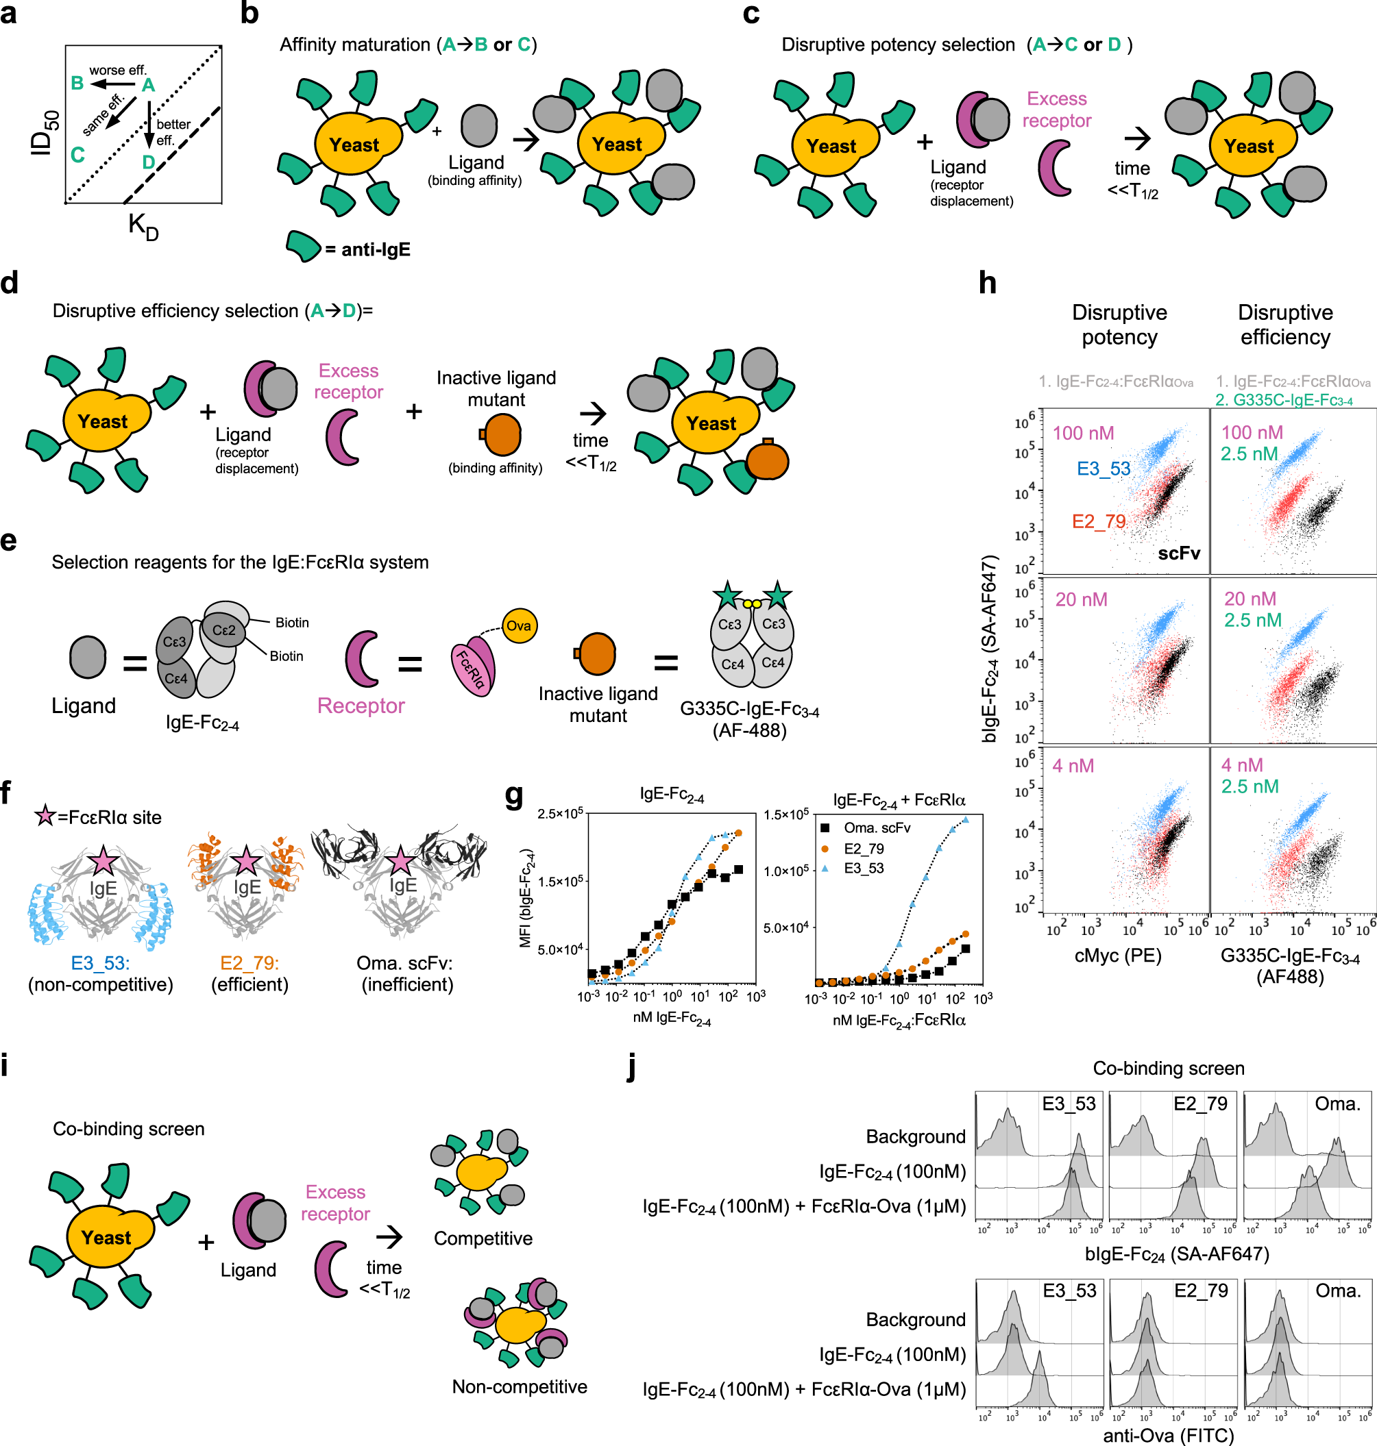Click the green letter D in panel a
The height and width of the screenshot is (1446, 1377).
(x=148, y=162)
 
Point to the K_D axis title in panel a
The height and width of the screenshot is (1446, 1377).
(x=143, y=226)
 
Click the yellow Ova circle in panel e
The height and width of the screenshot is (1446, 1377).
(x=518, y=626)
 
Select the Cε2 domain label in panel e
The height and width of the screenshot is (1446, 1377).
(x=224, y=630)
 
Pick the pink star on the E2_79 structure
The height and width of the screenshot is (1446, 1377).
(x=246, y=860)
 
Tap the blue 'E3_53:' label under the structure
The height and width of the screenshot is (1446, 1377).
(x=101, y=962)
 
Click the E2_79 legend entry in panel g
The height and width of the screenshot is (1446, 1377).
(x=863, y=849)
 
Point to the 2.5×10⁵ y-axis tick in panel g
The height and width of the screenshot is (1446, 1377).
(x=560, y=814)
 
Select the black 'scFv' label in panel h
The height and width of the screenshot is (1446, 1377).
(x=1178, y=553)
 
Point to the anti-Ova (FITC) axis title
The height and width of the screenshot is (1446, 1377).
(x=1168, y=1435)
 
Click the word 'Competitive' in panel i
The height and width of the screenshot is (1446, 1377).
(x=483, y=1238)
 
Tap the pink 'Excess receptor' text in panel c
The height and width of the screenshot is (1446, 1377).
(x=1056, y=110)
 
